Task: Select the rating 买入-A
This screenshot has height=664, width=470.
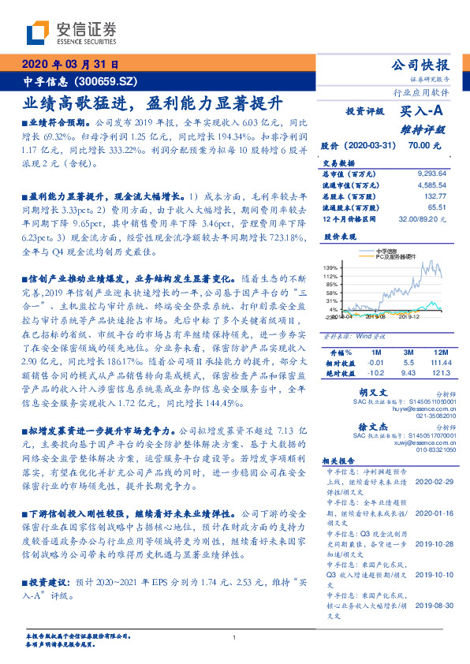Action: [422, 112]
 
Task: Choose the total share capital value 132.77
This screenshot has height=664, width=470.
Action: [436, 195]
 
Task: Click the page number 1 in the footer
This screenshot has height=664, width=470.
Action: [235, 637]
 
